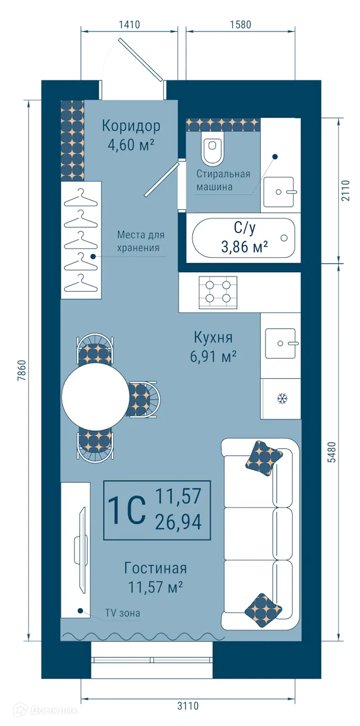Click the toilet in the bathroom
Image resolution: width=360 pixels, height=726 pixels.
213,151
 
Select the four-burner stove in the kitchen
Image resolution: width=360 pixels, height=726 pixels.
218,289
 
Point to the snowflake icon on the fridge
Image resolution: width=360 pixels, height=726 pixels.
281,398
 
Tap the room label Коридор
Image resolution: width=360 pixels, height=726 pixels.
131,126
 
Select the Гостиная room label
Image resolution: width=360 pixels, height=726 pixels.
155,568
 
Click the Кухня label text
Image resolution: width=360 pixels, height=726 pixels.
213,337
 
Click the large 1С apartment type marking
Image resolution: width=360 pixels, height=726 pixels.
126,510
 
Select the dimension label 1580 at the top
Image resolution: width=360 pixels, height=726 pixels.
240,25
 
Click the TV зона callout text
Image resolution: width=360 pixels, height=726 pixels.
122,613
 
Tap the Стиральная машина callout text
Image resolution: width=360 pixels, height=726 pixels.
223,180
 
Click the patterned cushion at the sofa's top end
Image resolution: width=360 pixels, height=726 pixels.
264,456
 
